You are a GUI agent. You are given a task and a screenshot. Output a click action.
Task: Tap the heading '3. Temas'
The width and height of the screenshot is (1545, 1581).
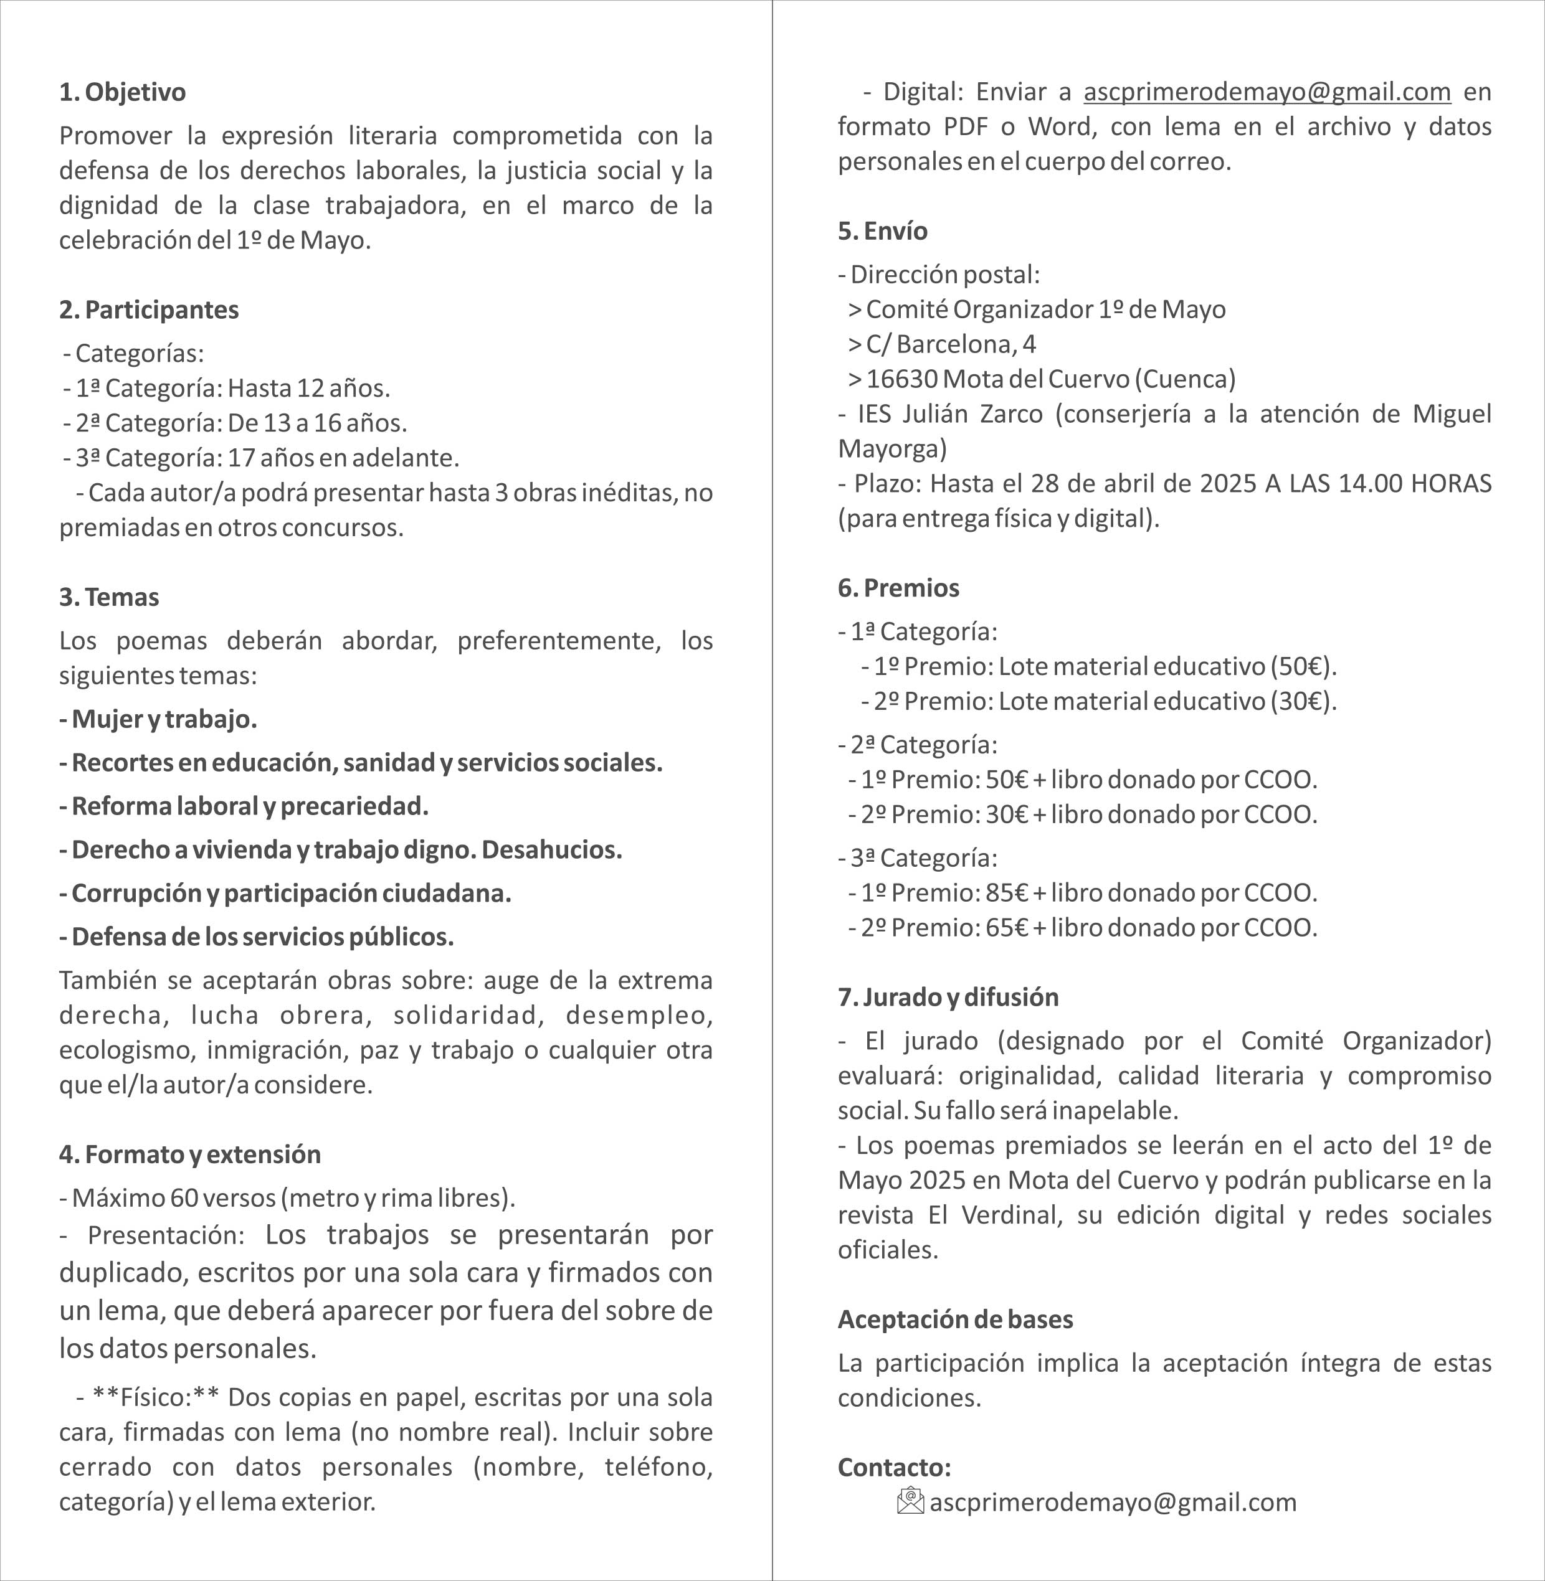click(109, 597)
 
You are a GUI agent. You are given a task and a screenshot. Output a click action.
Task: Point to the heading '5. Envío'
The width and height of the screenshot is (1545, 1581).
click(882, 231)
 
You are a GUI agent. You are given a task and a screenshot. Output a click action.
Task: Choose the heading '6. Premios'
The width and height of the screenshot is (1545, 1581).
click(898, 587)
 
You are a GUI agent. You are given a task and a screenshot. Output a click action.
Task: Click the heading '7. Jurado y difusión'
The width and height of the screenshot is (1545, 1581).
click(948, 996)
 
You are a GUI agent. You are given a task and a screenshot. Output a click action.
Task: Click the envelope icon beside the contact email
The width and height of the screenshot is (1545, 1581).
click(910, 1501)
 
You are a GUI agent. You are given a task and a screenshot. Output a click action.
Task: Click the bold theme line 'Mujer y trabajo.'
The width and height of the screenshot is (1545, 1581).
click(158, 719)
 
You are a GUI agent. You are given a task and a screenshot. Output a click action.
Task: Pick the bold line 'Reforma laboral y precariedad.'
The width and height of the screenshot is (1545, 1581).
click(244, 806)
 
